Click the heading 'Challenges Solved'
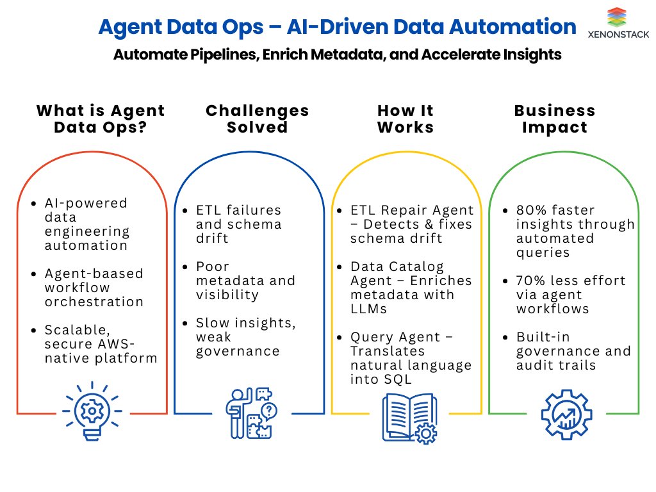pos(258,119)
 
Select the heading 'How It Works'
pos(406,119)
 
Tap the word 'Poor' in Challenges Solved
pos(212,266)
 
